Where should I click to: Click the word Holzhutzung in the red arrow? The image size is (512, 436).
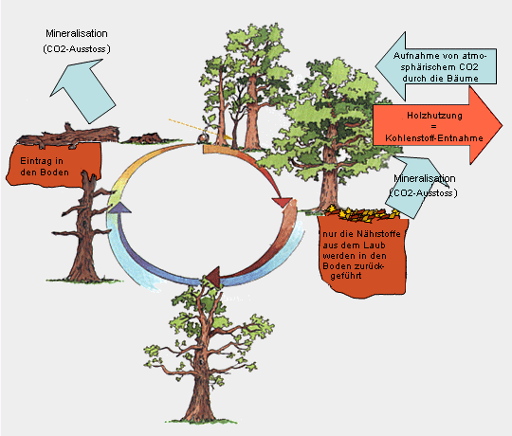coord(434,116)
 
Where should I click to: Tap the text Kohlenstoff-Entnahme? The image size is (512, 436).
coord(434,138)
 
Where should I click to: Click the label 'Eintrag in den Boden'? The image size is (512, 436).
coord(45,167)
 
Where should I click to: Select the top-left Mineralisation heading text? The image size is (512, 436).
coord(77,33)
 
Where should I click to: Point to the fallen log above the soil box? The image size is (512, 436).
coord(68,135)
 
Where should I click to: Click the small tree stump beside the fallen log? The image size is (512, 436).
coord(145,138)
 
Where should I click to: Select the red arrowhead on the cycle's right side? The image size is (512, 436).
coord(283,202)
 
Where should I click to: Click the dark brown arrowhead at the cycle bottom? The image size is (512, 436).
coord(213,278)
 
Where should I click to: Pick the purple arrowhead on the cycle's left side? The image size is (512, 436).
coord(119,208)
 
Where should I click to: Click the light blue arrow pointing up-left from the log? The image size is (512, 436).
coord(83,90)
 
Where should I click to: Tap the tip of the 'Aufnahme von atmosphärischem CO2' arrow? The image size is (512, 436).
coord(375,66)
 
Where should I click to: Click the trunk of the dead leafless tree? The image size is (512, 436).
coord(85,228)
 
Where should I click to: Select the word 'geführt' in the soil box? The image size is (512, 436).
coord(346,276)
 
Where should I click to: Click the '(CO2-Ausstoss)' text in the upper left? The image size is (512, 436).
coord(77,49)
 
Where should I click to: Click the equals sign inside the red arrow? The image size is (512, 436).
coord(433,127)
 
